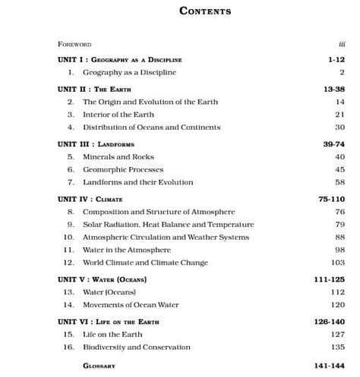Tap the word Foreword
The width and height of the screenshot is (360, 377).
point(74,45)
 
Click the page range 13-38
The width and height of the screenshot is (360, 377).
point(334,89)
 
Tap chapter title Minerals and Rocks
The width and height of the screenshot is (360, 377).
point(118,156)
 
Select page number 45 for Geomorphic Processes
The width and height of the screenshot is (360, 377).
point(339,169)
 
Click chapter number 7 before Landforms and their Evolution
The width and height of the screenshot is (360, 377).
point(70,182)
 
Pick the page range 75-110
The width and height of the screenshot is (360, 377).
point(332,198)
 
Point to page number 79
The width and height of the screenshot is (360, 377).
point(339,225)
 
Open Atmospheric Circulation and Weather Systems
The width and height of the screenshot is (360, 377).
point(166,237)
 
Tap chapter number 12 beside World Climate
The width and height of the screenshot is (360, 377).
point(68,262)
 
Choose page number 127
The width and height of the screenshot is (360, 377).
point(337,334)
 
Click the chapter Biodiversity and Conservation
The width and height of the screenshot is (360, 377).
point(137,347)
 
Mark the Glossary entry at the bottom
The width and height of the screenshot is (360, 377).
point(99,365)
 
